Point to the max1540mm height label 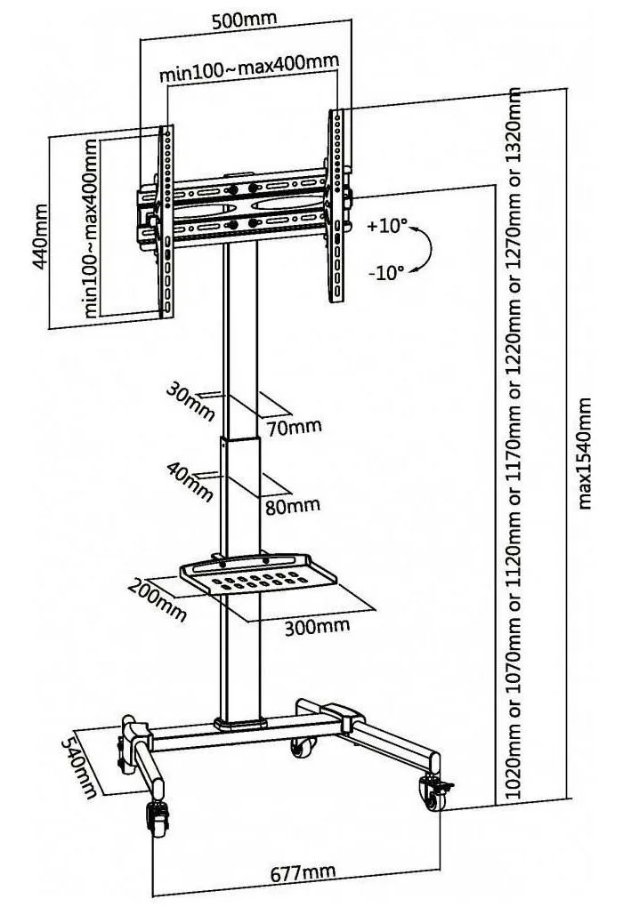pos(585,453)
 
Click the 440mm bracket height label pos(40,235)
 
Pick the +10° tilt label pos(387,226)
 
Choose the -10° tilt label pos(386,272)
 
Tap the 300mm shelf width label pos(317,626)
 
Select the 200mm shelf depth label pos(158,599)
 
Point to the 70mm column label pos(294,428)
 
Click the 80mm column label pos(293,506)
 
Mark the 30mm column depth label pos(190,401)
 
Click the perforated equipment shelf pos(257,574)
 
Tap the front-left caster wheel pos(156,818)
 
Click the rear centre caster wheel pos(303,747)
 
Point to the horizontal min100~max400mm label pos(249,68)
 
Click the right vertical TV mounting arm pos(336,205)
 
